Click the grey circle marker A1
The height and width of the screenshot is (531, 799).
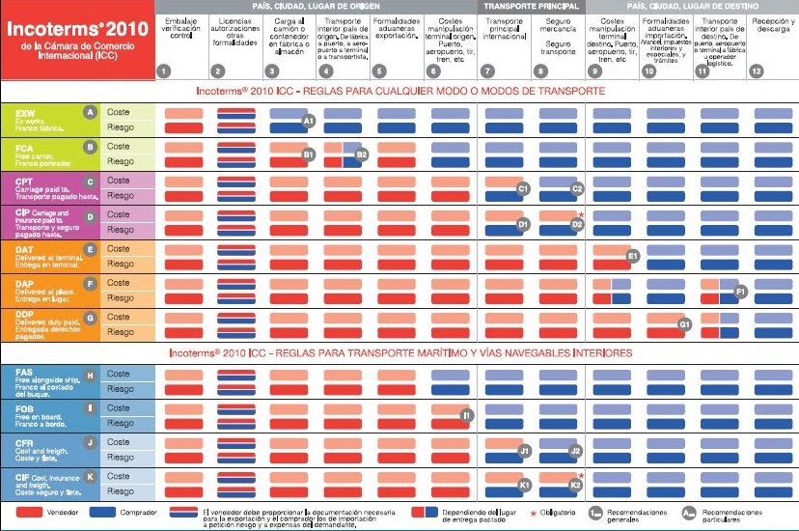(309, 122)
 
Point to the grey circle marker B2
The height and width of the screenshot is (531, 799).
(362, 154)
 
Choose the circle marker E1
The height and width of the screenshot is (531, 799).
(633, 256)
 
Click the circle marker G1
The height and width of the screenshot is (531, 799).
(684, 324)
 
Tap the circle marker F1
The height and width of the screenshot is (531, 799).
(741, 291)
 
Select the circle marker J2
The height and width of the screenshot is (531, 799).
(575, 450)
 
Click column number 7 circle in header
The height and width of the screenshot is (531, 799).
(487, 70)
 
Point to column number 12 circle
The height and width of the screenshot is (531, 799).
(757, 70)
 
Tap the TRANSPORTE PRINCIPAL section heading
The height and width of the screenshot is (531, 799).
(532, 6)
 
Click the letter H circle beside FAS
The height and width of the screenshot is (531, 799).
(90, 375)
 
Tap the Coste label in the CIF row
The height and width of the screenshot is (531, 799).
(119, 476)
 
